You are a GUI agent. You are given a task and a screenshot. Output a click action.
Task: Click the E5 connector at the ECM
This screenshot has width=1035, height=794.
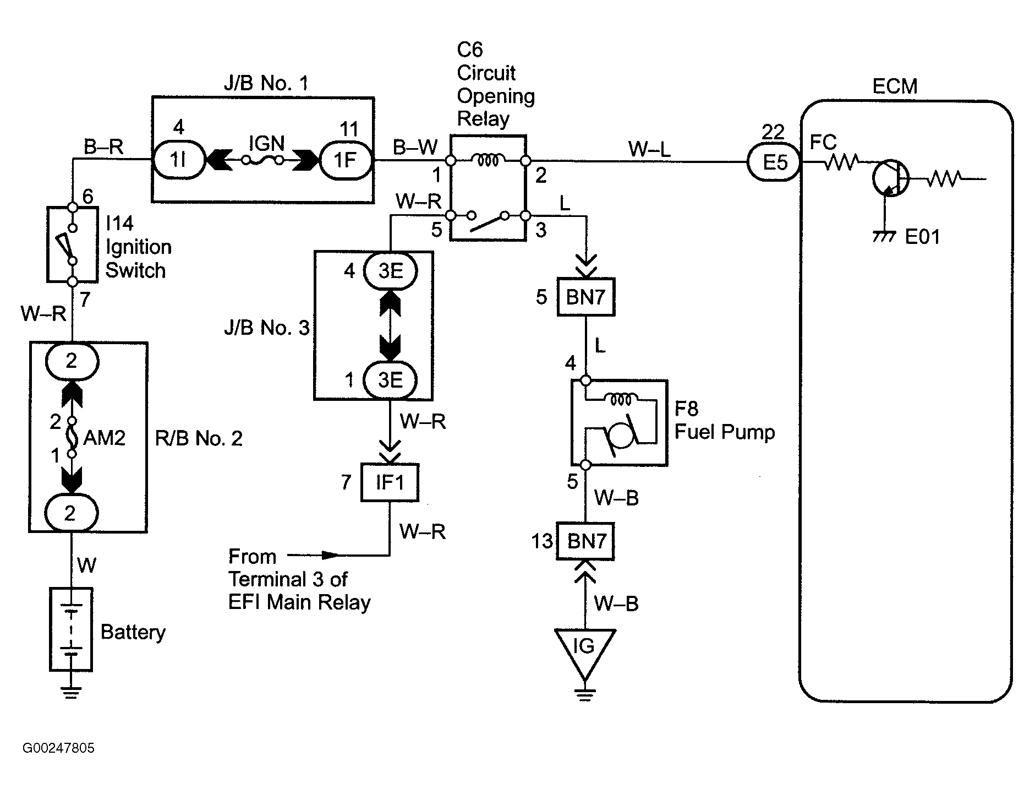coord(774,162)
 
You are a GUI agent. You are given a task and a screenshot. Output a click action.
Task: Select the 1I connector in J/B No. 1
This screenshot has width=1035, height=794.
coord(178,160)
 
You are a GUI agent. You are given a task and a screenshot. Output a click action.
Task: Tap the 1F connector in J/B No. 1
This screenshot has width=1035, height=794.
coord(346,160)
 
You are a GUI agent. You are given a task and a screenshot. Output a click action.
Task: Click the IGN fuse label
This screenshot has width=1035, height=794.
coord(267,144)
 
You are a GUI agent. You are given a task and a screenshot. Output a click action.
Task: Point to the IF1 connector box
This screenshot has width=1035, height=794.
coord(390,483)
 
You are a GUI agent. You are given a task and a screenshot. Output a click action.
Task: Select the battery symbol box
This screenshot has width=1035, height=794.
coord(71,629)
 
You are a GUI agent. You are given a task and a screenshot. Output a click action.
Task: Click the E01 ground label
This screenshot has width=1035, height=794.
coord(923,237)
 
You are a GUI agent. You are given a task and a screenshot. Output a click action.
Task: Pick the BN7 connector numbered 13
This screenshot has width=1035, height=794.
coord(585,541)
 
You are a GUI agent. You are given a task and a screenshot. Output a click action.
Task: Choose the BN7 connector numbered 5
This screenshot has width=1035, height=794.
coord(585,297)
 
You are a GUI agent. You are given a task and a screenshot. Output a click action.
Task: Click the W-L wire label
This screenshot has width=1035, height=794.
coord(649,149)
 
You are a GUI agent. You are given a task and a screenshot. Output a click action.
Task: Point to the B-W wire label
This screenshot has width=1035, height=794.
coord(415,147)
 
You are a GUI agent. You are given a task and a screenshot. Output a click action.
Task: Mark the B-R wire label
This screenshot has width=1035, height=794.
coord(103,147)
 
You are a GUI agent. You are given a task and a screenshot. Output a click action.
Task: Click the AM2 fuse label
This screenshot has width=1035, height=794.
coord(105,438)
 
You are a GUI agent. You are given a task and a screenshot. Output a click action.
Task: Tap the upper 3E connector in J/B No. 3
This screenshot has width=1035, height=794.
coord(390,271)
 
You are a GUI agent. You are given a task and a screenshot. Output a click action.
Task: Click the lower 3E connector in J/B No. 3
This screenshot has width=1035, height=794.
coord(390,380)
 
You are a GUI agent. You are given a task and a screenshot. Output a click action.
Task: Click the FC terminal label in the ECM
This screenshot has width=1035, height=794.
coord(823,143)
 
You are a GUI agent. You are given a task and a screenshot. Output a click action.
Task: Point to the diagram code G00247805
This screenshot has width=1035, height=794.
coord(58,748)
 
